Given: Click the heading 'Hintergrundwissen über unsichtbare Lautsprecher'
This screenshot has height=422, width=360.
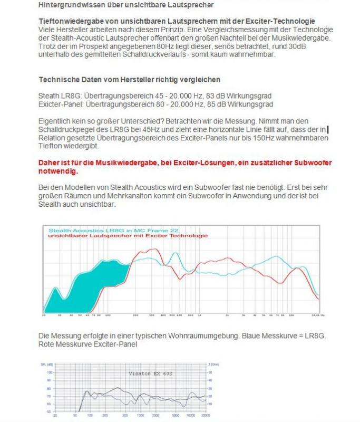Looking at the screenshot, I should (x=119, y=5).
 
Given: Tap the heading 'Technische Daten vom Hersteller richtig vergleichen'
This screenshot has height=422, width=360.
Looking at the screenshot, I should (x=129, y=80).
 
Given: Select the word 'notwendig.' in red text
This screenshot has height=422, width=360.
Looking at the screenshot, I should (x=57, y=171).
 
